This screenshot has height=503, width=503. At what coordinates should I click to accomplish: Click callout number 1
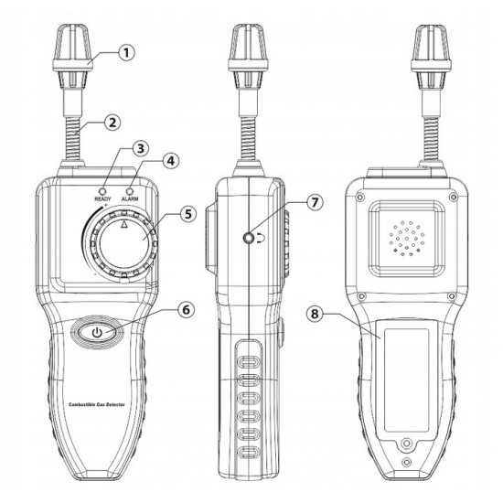pos(127,53)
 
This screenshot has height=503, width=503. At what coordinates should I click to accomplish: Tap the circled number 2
pos(112,123)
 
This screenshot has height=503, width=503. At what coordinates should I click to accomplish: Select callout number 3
pos(140,148)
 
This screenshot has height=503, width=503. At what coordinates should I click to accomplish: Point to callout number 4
pos(171,160)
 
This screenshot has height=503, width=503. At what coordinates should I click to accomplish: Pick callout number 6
pos(186,309)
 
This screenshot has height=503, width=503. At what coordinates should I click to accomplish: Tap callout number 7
pos(315,202)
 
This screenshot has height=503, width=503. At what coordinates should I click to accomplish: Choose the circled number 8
pos(315,314)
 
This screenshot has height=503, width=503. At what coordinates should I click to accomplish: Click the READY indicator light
pos(102,191)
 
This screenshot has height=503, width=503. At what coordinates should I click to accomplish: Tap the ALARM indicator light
pos(130,191)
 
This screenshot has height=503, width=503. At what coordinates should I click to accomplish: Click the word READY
pos(102,198)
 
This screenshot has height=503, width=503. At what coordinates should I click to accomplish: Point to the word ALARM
pos(130,198)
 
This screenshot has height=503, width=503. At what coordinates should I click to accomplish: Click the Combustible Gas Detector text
pos(97,404)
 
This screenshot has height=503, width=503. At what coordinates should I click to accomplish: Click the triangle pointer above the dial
pos(124,224)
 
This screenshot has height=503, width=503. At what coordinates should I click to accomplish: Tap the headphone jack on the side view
pos(249,239)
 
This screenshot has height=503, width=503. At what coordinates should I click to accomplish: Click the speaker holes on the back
pos(406,239)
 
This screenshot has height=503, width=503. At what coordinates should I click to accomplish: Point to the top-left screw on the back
pos(360,197)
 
